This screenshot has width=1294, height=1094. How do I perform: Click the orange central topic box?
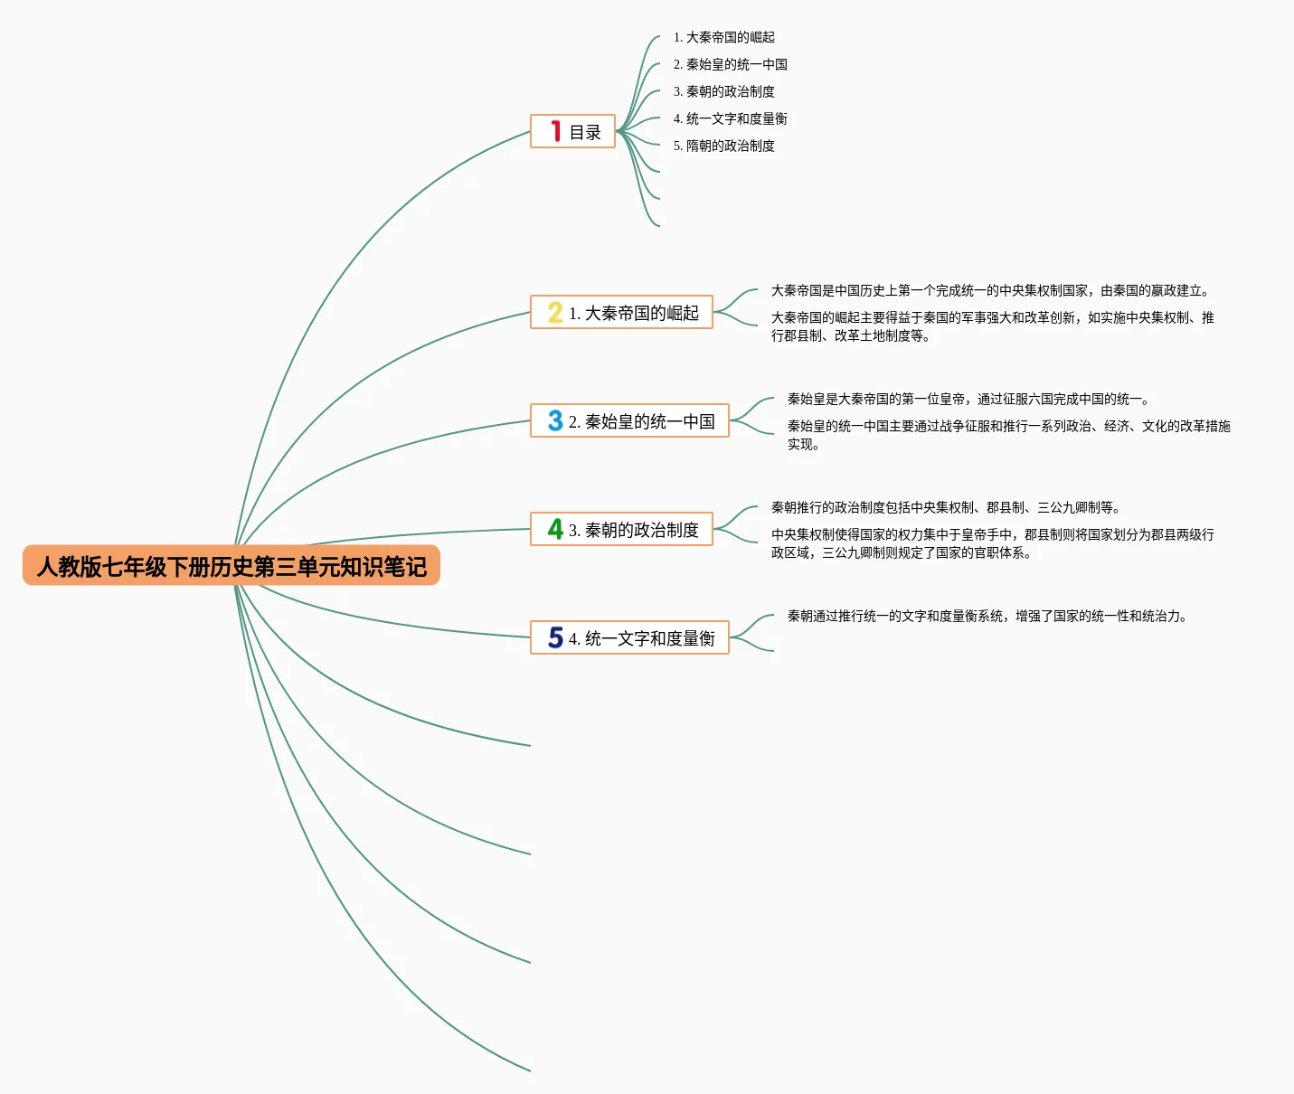231,566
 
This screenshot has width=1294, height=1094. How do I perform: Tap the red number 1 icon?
556,132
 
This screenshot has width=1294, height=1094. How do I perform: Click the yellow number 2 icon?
555,313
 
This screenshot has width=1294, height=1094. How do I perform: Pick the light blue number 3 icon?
555,421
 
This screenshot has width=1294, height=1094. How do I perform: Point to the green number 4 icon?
555,530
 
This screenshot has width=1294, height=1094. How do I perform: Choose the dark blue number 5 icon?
555,638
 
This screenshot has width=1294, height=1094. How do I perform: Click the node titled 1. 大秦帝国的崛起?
633,313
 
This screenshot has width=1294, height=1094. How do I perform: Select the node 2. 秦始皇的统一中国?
641,421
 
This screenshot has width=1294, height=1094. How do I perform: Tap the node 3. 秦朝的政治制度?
633,530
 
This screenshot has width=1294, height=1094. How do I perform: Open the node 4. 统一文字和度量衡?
641,638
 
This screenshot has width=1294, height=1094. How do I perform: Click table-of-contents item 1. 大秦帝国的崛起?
723,37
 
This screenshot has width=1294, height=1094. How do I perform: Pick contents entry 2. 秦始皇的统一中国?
730,64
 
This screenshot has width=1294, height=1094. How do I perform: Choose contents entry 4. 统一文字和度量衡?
730,118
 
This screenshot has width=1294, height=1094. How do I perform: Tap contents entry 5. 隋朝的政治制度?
723,146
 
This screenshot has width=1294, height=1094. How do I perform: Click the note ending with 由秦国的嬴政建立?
989,290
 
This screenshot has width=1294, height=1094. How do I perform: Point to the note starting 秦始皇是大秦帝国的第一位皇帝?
968,399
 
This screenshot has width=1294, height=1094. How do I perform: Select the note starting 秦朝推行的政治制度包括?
945,507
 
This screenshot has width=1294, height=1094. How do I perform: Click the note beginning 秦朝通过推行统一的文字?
987,616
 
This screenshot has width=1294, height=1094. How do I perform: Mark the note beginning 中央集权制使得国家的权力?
992,543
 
